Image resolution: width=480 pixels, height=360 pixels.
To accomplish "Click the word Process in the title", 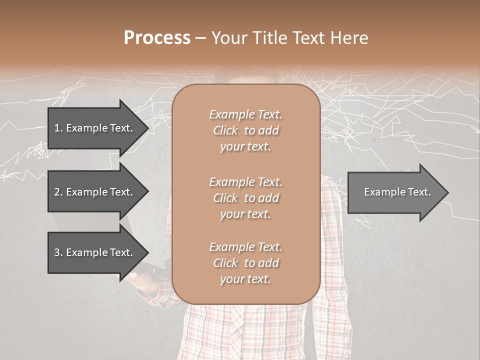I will point(157,38).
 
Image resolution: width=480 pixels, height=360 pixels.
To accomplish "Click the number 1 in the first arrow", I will point(57,128).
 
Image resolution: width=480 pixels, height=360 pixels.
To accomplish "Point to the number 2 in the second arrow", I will point(57,192).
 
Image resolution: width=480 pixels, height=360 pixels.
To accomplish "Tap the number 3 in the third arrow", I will point(57,252).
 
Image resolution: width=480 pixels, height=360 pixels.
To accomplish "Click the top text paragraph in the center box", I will point(245,130).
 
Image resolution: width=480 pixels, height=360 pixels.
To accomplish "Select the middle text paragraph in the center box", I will point(245,198).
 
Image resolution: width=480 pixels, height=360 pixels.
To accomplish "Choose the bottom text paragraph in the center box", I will point(245,263).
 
